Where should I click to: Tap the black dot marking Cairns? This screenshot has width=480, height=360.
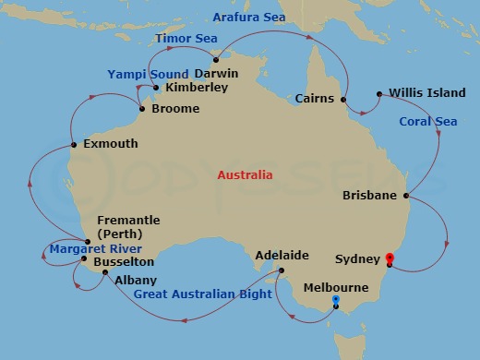(x=343, y=99)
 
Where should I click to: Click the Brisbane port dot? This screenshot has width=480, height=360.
(x=406, y=196)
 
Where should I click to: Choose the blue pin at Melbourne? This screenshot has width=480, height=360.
(x=335, y=301)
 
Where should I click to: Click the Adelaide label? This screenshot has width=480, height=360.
(x=275, y=254)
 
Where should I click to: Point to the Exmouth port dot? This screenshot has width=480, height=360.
(x=73, y=145)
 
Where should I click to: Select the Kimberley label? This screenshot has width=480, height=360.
(x=197, y=89)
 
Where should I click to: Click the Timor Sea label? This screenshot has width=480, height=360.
(x=186, y=38)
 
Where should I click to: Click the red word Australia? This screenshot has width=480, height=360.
(x=245, y=174)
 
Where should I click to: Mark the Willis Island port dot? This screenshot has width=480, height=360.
(x=379, y=93)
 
